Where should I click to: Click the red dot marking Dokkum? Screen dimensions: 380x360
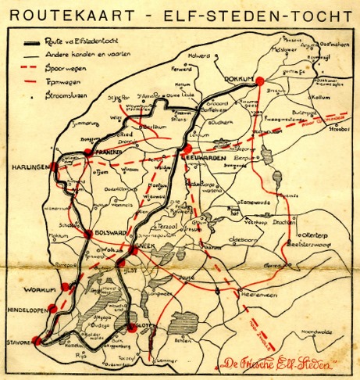(x=260, y=79)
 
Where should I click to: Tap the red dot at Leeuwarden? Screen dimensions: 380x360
(x=187, y=149)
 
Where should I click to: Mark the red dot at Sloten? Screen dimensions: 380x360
(x=132, y=328)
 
